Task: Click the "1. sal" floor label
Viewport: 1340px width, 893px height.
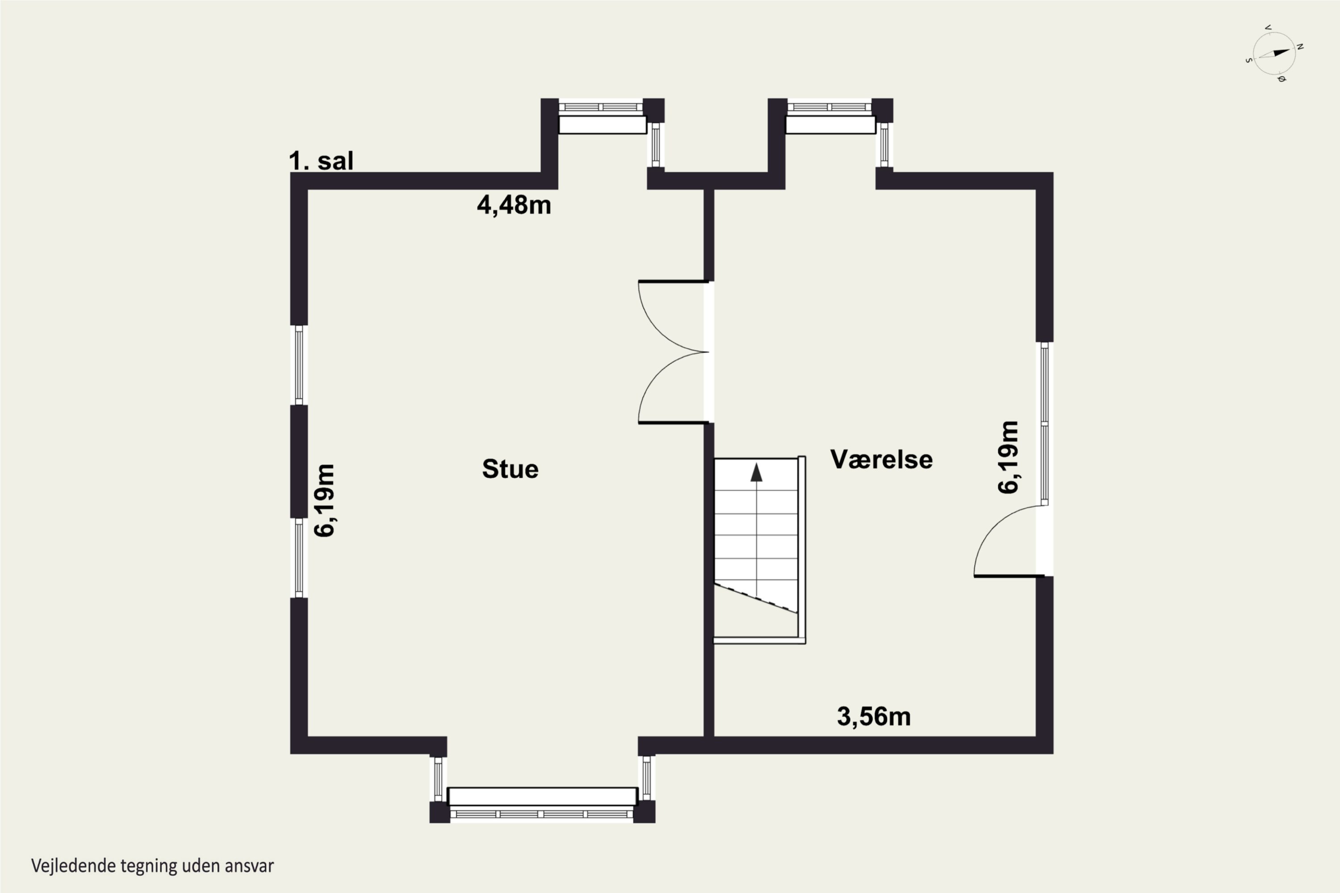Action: tap(321, 161)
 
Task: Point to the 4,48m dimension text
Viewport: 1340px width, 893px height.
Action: tap(514, 205)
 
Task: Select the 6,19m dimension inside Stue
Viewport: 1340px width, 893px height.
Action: tap(325, 500)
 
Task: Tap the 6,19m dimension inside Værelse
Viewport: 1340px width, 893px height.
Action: tap(1008, 457)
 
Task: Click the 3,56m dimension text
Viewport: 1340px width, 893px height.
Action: tap(873, 717)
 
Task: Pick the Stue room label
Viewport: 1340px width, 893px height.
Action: tap(510, 469)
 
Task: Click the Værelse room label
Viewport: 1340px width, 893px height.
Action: tap(881, 459)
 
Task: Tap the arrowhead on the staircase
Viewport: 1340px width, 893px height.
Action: tap(756, 472)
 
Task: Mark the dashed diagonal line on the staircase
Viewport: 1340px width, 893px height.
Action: tap(756, 598)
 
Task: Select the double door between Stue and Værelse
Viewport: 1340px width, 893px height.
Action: tap(672, 352)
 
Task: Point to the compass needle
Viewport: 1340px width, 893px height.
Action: tap(1274, 54)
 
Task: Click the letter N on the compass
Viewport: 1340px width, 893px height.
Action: tap(1300, 47)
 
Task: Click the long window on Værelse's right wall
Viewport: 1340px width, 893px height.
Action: tap(1044, 424)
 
